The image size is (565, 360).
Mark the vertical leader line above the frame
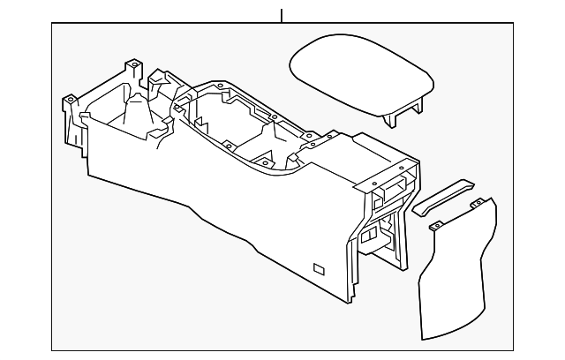(x=282, y=15)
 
